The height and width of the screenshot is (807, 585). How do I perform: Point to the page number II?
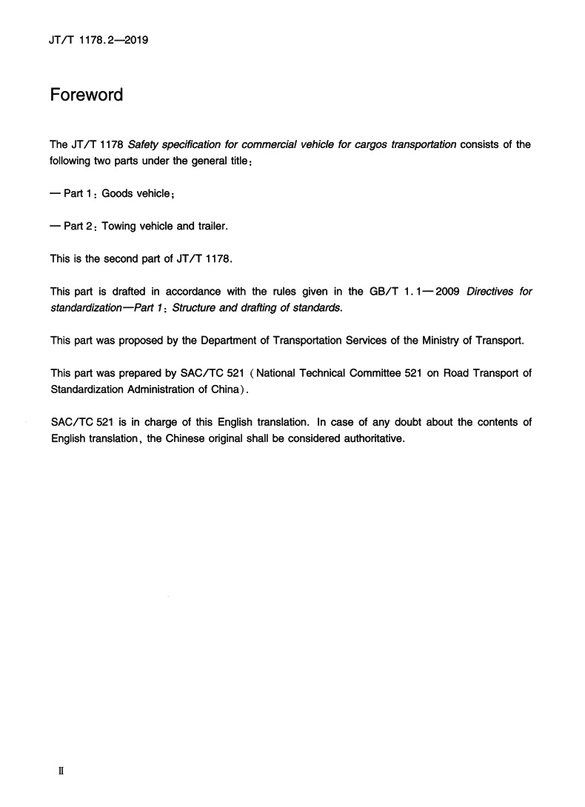coord(61,771)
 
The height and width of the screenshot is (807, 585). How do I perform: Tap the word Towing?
coord(118,226)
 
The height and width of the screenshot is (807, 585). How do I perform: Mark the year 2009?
coord(446,291)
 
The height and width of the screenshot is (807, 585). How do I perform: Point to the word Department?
coord(221,341)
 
